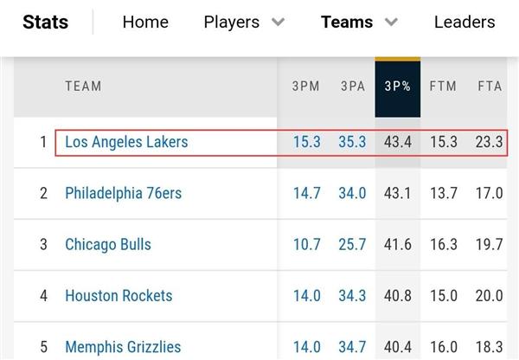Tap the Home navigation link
[x=145, y=22]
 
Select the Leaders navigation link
[x=465, y=22]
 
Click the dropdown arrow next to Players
[x=278, y=22]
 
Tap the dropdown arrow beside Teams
[x=392, y=22]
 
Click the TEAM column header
[x=83, y=86]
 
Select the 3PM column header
[x=306, y=86]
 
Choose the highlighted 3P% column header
[x=398, y=86]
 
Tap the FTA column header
[x=490, y=86]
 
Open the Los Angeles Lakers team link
[x=126, y=142]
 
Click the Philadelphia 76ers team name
[x=123, y=193]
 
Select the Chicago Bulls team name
[x=108, y=245]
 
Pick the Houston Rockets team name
[x=119, y=296]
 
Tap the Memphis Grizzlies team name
[x=123, y=347]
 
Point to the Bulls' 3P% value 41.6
[x=398, y=245]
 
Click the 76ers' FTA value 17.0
[x=490, y=193]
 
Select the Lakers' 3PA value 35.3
[x=352, y=142]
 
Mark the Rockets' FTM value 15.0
[x=444, y=296]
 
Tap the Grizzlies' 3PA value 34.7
[x=352, y=347]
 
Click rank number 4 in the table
[x=43, y=296]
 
